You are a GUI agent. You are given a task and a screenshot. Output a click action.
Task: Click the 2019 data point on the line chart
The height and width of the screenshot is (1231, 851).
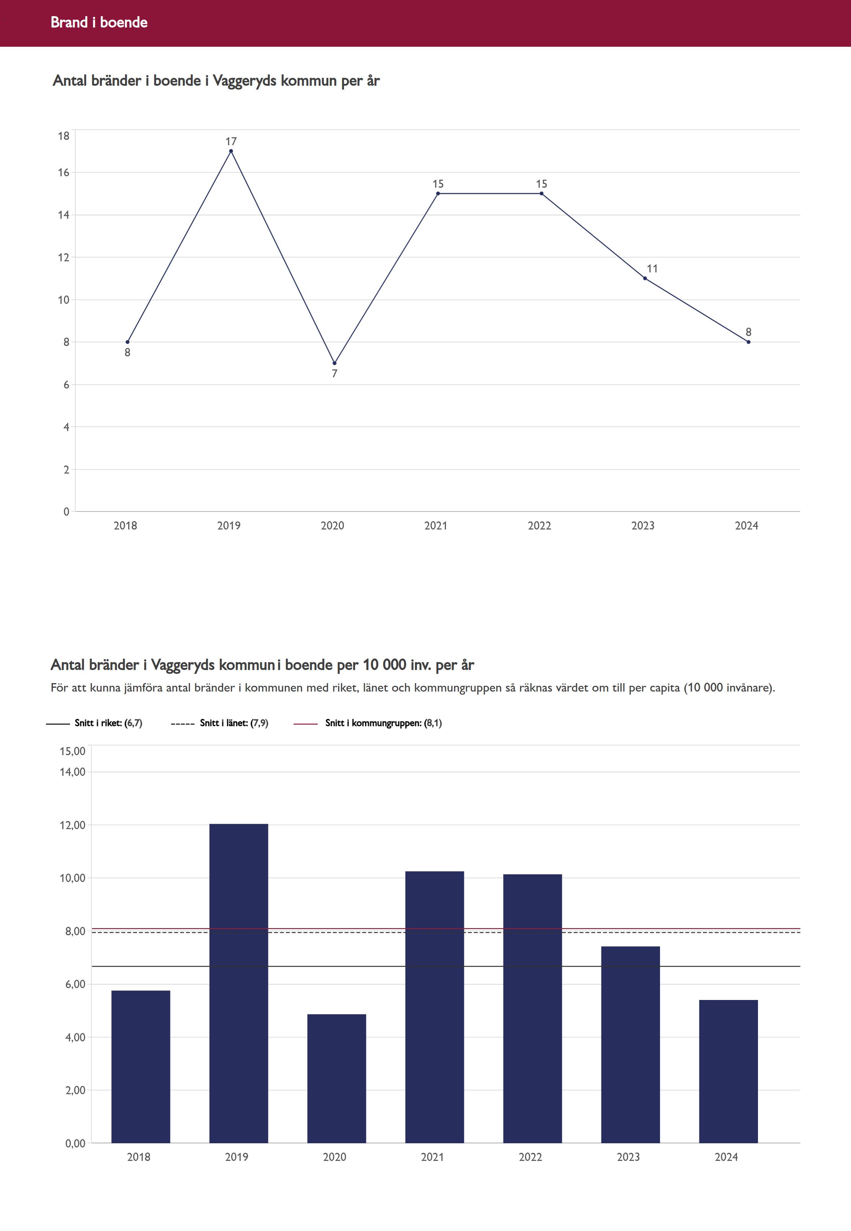click(x=231, y=151)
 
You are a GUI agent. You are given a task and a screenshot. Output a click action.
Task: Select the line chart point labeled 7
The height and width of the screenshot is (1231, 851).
click(x=334, y=363)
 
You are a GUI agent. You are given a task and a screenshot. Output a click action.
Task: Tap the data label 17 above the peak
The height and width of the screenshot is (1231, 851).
click(x=231, y=141)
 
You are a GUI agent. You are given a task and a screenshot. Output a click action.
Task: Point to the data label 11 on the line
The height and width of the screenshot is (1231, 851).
click(x=652, y=269)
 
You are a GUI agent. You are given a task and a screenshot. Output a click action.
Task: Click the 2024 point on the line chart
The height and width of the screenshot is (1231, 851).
click(x=749, y=342)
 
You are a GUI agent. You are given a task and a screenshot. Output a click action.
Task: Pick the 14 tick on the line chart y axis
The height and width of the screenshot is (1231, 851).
click(x=64, y=215)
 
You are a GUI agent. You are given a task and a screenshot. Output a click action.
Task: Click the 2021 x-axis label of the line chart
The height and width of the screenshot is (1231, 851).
click(x=436, y=526)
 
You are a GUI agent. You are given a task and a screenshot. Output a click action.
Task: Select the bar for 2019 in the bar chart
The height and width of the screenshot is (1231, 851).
click(x=238, y=982)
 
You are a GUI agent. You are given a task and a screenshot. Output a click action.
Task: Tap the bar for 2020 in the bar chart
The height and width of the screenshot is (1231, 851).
click(x=336, y=1078)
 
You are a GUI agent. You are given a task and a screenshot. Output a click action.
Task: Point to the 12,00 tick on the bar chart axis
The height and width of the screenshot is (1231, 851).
click(x=72, y=825)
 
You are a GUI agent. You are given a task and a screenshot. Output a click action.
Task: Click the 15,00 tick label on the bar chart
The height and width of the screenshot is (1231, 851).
click(x=72, y=751)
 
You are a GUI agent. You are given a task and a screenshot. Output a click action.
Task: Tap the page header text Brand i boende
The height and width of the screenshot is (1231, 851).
click(x=99, y=22)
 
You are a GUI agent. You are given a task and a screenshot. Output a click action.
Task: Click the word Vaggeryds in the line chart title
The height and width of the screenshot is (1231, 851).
click(x=244, y=81)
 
